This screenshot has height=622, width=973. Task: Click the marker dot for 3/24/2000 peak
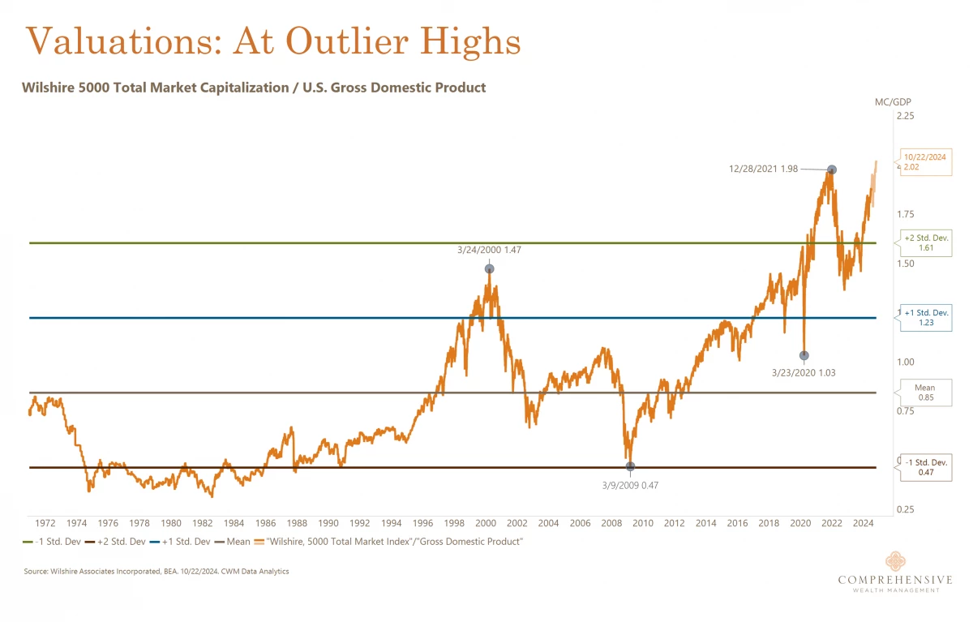click(489, 268)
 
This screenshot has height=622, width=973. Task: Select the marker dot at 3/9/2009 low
click(631, 466)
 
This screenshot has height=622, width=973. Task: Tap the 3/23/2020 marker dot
click(804, 355)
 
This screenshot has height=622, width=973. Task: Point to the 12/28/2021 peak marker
click(831, 169)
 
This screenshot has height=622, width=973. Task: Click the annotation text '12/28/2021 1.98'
click(762, 169)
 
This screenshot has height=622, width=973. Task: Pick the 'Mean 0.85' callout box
click(924, 393)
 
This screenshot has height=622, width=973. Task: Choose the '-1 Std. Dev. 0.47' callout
click(926, 467)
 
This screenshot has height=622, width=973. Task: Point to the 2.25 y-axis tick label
click(904, 116)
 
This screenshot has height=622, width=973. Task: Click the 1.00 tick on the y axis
click(904, 362)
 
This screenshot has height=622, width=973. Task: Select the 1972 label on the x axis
click(45, 523)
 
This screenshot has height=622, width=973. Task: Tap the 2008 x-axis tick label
click(611, 523)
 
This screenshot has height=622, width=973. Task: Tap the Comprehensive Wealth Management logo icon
click(895, 561)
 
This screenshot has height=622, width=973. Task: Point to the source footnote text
click(156, 572)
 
